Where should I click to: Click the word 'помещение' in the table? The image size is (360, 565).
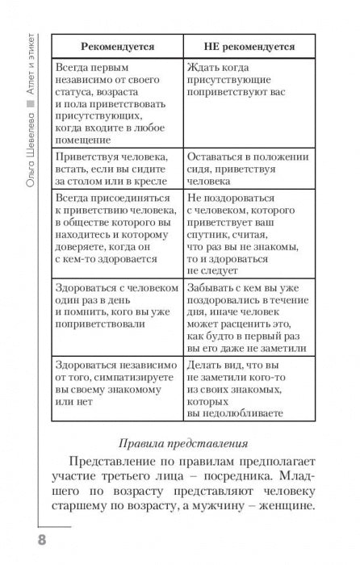pos(88,136)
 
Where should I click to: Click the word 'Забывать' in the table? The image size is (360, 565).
pos(212,287)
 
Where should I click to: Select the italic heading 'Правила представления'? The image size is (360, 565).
pos(179,443)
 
